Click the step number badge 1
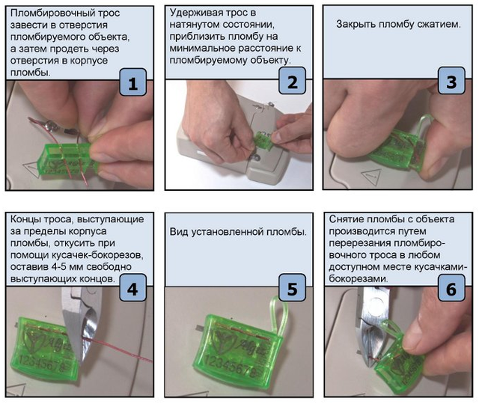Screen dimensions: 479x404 point(133,82)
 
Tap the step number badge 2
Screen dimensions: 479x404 point(293,81)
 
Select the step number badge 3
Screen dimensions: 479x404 point(451,81)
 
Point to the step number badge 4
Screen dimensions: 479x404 point(133,287)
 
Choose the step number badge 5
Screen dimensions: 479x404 point(293,287)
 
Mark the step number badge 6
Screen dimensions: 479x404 point(451,287)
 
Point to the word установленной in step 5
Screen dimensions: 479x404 point(227,232)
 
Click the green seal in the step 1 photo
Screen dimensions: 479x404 point(68,159)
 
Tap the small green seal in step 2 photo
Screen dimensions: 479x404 point(263,140)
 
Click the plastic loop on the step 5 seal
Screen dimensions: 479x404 point(278,316)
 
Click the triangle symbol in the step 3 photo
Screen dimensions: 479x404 point(372,177)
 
